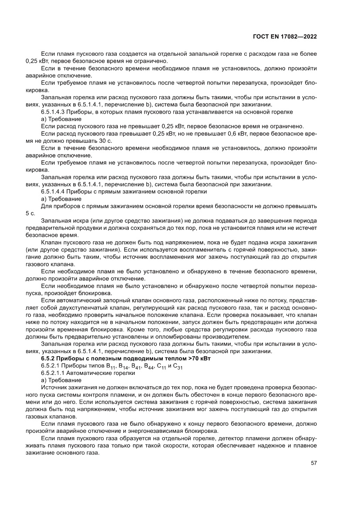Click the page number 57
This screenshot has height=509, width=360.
click(x=313, y=463)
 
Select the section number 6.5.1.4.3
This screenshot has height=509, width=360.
click(x=54, y=112)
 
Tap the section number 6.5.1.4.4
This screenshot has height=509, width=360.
click(x=54, y=192)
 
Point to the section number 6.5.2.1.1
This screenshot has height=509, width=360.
click(x=54, y=373)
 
